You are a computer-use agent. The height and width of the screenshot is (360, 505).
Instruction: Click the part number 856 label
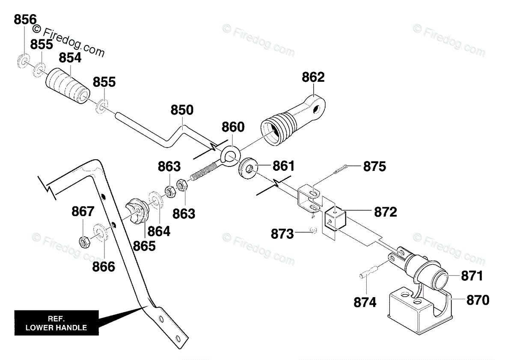point(25,20)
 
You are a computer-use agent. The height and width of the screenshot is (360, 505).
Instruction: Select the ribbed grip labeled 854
point(68,86)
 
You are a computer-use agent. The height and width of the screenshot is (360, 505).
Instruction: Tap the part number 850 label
point(182,110)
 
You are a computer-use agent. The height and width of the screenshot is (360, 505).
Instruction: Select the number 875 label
point(374,167)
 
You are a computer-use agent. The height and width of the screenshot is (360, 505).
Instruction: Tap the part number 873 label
point(282,234)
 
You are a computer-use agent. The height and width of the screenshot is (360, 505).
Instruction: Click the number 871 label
point(472,276)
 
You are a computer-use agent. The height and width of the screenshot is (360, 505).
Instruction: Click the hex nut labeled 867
point(84,241)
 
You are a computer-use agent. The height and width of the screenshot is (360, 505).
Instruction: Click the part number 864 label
point(159,231)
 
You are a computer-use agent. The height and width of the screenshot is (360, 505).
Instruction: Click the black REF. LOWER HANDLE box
point(56,323)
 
